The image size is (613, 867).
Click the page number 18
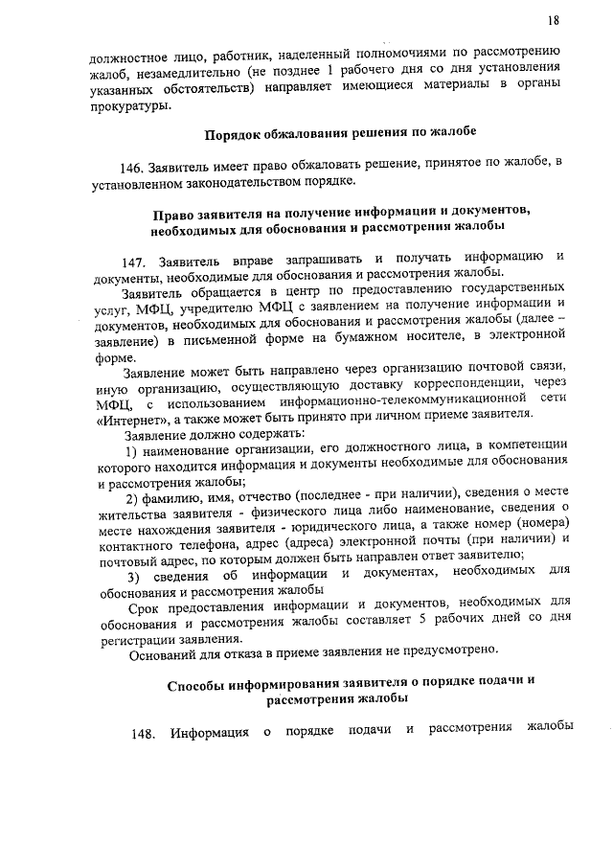click(x=555, y=20)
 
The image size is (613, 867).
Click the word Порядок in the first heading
click(x=240, y=132)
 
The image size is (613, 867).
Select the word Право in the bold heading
click(x=178, y=208)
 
